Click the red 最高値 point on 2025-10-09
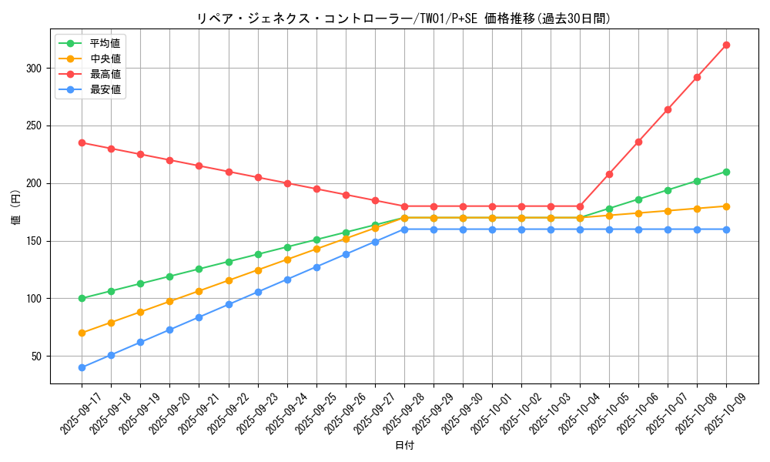[726, 45]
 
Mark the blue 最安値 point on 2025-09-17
[82, 367]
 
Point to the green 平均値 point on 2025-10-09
[726, 172]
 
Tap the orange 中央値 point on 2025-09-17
[82, 333]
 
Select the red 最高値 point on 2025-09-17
[82, 142]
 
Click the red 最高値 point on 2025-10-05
[609, 174]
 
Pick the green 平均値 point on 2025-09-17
[82, 298]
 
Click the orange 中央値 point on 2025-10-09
[726, 206]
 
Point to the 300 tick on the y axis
[35, 68]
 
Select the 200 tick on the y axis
[35, 183]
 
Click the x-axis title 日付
[404, 446]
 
